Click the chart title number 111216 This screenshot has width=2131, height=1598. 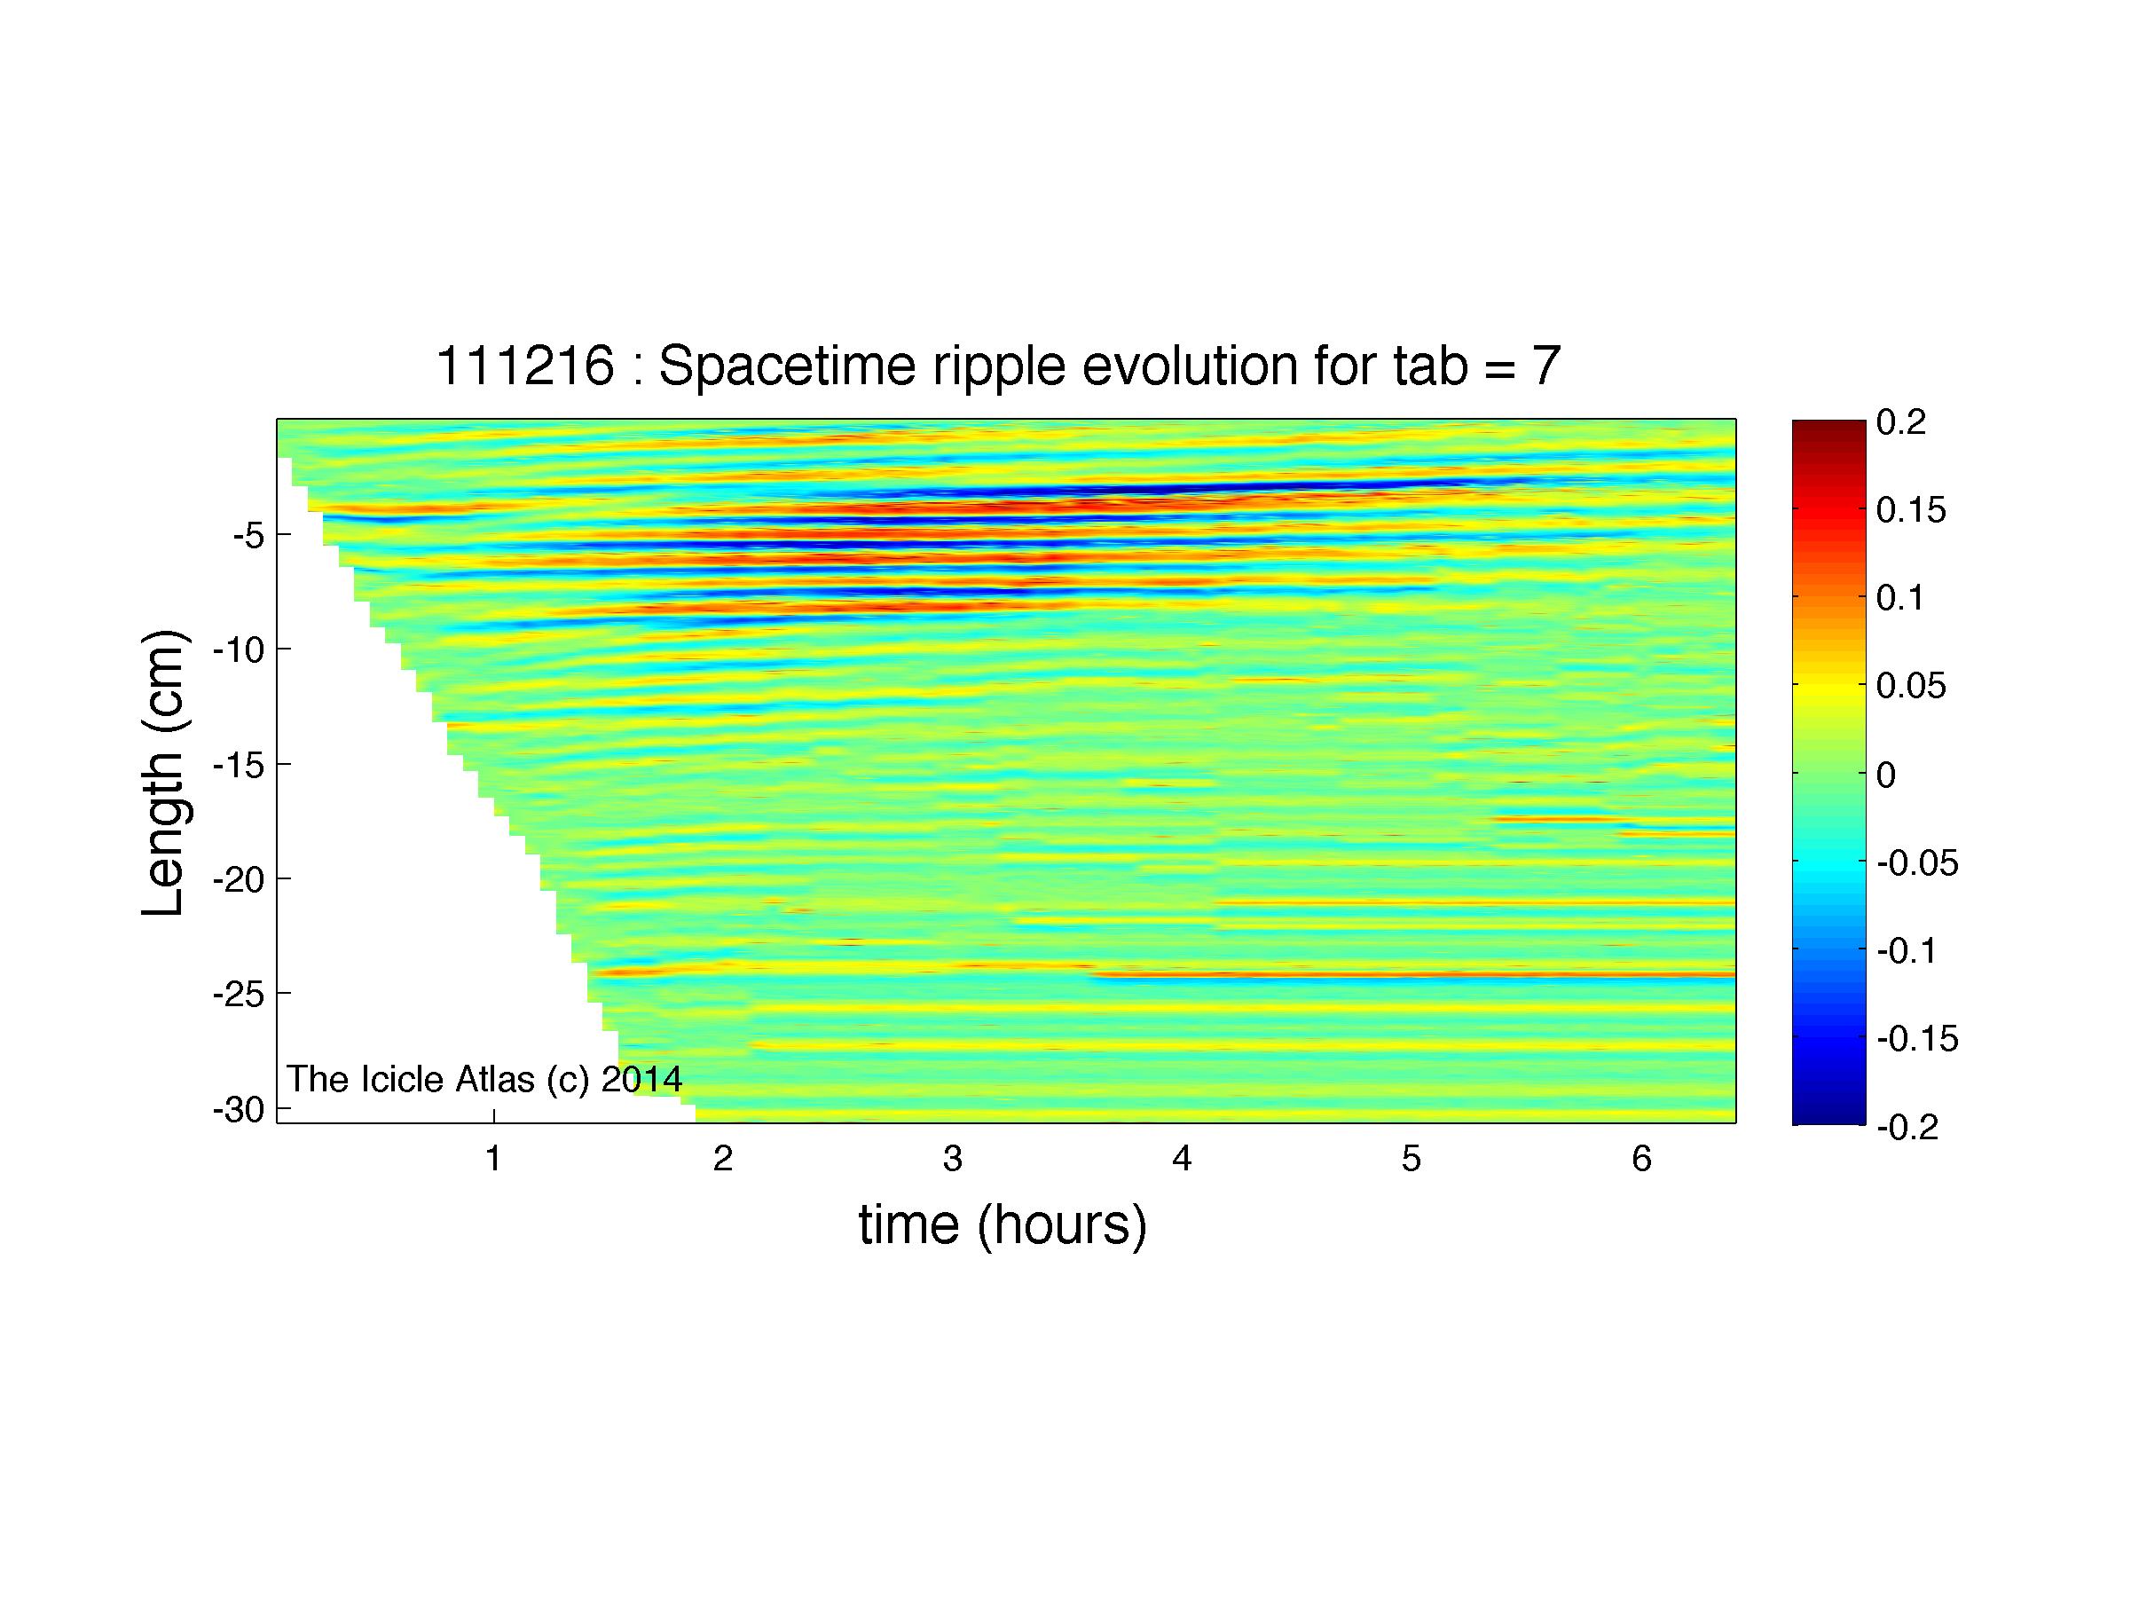(525, 367)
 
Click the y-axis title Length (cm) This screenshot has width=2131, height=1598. (163, 774)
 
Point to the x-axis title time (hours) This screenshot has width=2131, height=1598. (1003, 1225)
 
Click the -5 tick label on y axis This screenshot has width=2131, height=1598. (248, 535)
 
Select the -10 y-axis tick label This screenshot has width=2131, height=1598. (239, 650)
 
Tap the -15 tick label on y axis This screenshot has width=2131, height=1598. (239, 765)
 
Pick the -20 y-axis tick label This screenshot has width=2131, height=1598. (239, 879)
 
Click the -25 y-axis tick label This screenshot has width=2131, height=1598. (239, 994)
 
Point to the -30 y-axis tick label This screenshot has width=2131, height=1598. (239, 1110)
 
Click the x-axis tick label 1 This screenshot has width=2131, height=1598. (493, 1159)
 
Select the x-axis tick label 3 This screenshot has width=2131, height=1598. (953, 1159)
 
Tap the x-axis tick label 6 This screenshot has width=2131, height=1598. (1641, 1159)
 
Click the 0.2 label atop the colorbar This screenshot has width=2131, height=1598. (1900, 421)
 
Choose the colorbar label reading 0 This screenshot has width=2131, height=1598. (1886, 775)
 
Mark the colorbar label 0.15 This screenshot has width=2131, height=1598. (1911, 510)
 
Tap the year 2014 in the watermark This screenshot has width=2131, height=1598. (641, 1079)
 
